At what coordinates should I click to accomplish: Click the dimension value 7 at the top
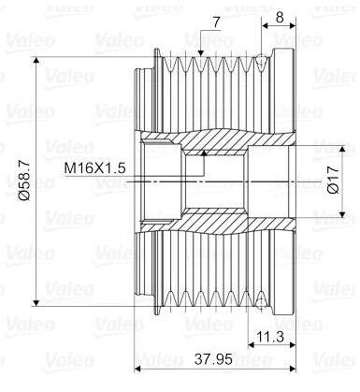pos(217,22)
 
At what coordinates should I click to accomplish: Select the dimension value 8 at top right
pos(280,18)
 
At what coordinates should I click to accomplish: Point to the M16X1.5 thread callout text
pos(94,168)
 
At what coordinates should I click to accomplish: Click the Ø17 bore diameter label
pos(333,180)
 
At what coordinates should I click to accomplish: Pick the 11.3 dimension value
pos(270,337)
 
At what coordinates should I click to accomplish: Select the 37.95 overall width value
pos(214,359)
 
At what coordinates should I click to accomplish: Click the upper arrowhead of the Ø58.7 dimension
pos(36,60)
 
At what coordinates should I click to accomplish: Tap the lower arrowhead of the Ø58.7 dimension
pos(36,302)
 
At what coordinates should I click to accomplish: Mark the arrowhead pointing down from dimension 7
pos(201,53)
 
